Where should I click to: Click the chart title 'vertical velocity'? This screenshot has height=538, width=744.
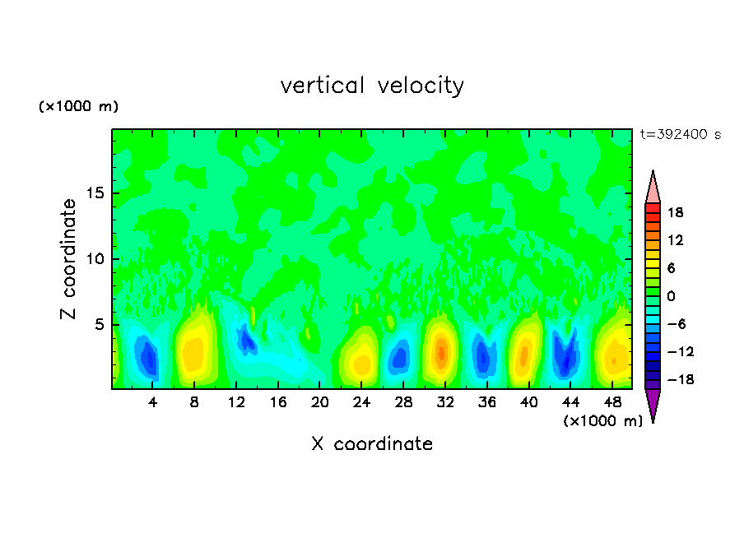(372, 86)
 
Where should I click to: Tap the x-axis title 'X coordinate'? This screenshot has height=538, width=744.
(372, 444)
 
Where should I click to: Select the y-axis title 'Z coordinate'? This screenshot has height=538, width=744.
(69, 259)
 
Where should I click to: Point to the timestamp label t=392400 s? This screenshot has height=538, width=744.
(680, 135)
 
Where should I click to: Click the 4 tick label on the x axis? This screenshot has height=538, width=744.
(153, 402)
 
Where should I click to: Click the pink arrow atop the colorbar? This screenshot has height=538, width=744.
(653, 188)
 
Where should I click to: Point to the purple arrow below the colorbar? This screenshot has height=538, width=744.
(653, 405)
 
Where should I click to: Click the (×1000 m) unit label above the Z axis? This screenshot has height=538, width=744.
(78, 107)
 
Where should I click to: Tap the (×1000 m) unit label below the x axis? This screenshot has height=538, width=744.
(602, 421)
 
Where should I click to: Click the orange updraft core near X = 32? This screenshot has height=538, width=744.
(442, 352)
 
